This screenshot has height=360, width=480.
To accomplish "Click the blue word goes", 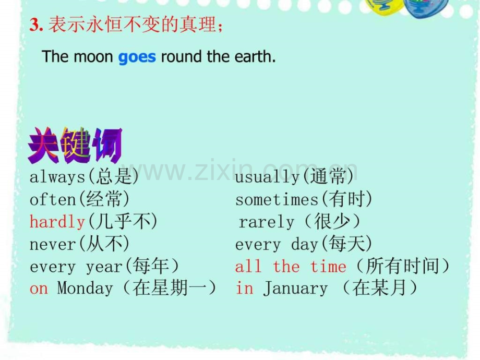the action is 137,57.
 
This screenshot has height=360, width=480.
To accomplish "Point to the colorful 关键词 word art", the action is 75,146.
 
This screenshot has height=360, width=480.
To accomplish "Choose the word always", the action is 57,177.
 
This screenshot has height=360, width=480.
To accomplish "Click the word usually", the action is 267,177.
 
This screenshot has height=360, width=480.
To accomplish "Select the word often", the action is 52,199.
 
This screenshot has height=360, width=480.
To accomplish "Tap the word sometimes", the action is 277,200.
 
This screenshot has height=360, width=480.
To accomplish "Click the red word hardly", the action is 57,222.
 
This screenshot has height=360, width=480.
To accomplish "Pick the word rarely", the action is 266,222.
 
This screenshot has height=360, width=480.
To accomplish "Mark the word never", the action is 52,244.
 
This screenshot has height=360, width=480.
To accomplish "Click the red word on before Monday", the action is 39,289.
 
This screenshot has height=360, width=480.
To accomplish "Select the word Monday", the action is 85,289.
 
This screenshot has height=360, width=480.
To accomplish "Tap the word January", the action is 295,289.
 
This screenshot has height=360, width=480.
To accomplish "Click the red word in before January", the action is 244,288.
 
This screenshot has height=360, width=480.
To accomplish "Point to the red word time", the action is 328,266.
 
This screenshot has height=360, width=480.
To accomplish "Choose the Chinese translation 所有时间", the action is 403,266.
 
